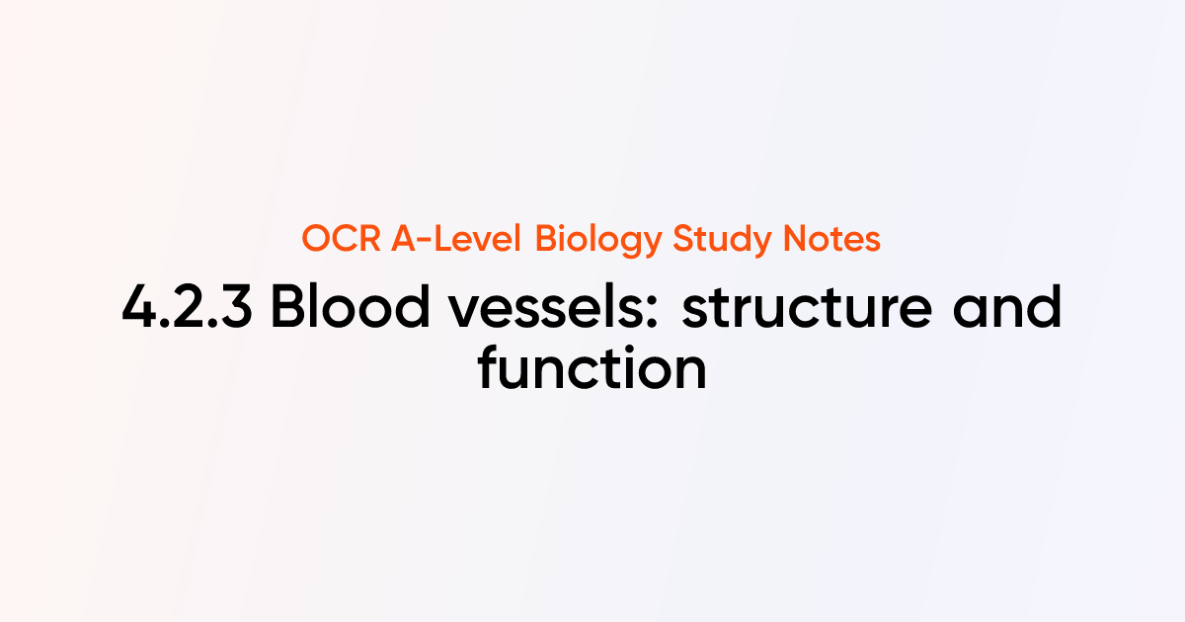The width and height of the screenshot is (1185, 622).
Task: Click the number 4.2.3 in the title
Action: click(188, 309)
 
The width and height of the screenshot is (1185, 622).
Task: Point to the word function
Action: click(592, 368)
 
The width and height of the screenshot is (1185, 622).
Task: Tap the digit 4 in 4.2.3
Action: click(138, 309)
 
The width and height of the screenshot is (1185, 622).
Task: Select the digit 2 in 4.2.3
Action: click(189, 309)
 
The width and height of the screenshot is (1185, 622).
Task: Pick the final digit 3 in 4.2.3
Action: click(237, 309)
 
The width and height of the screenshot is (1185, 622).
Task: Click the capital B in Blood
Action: click(287, 309)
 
